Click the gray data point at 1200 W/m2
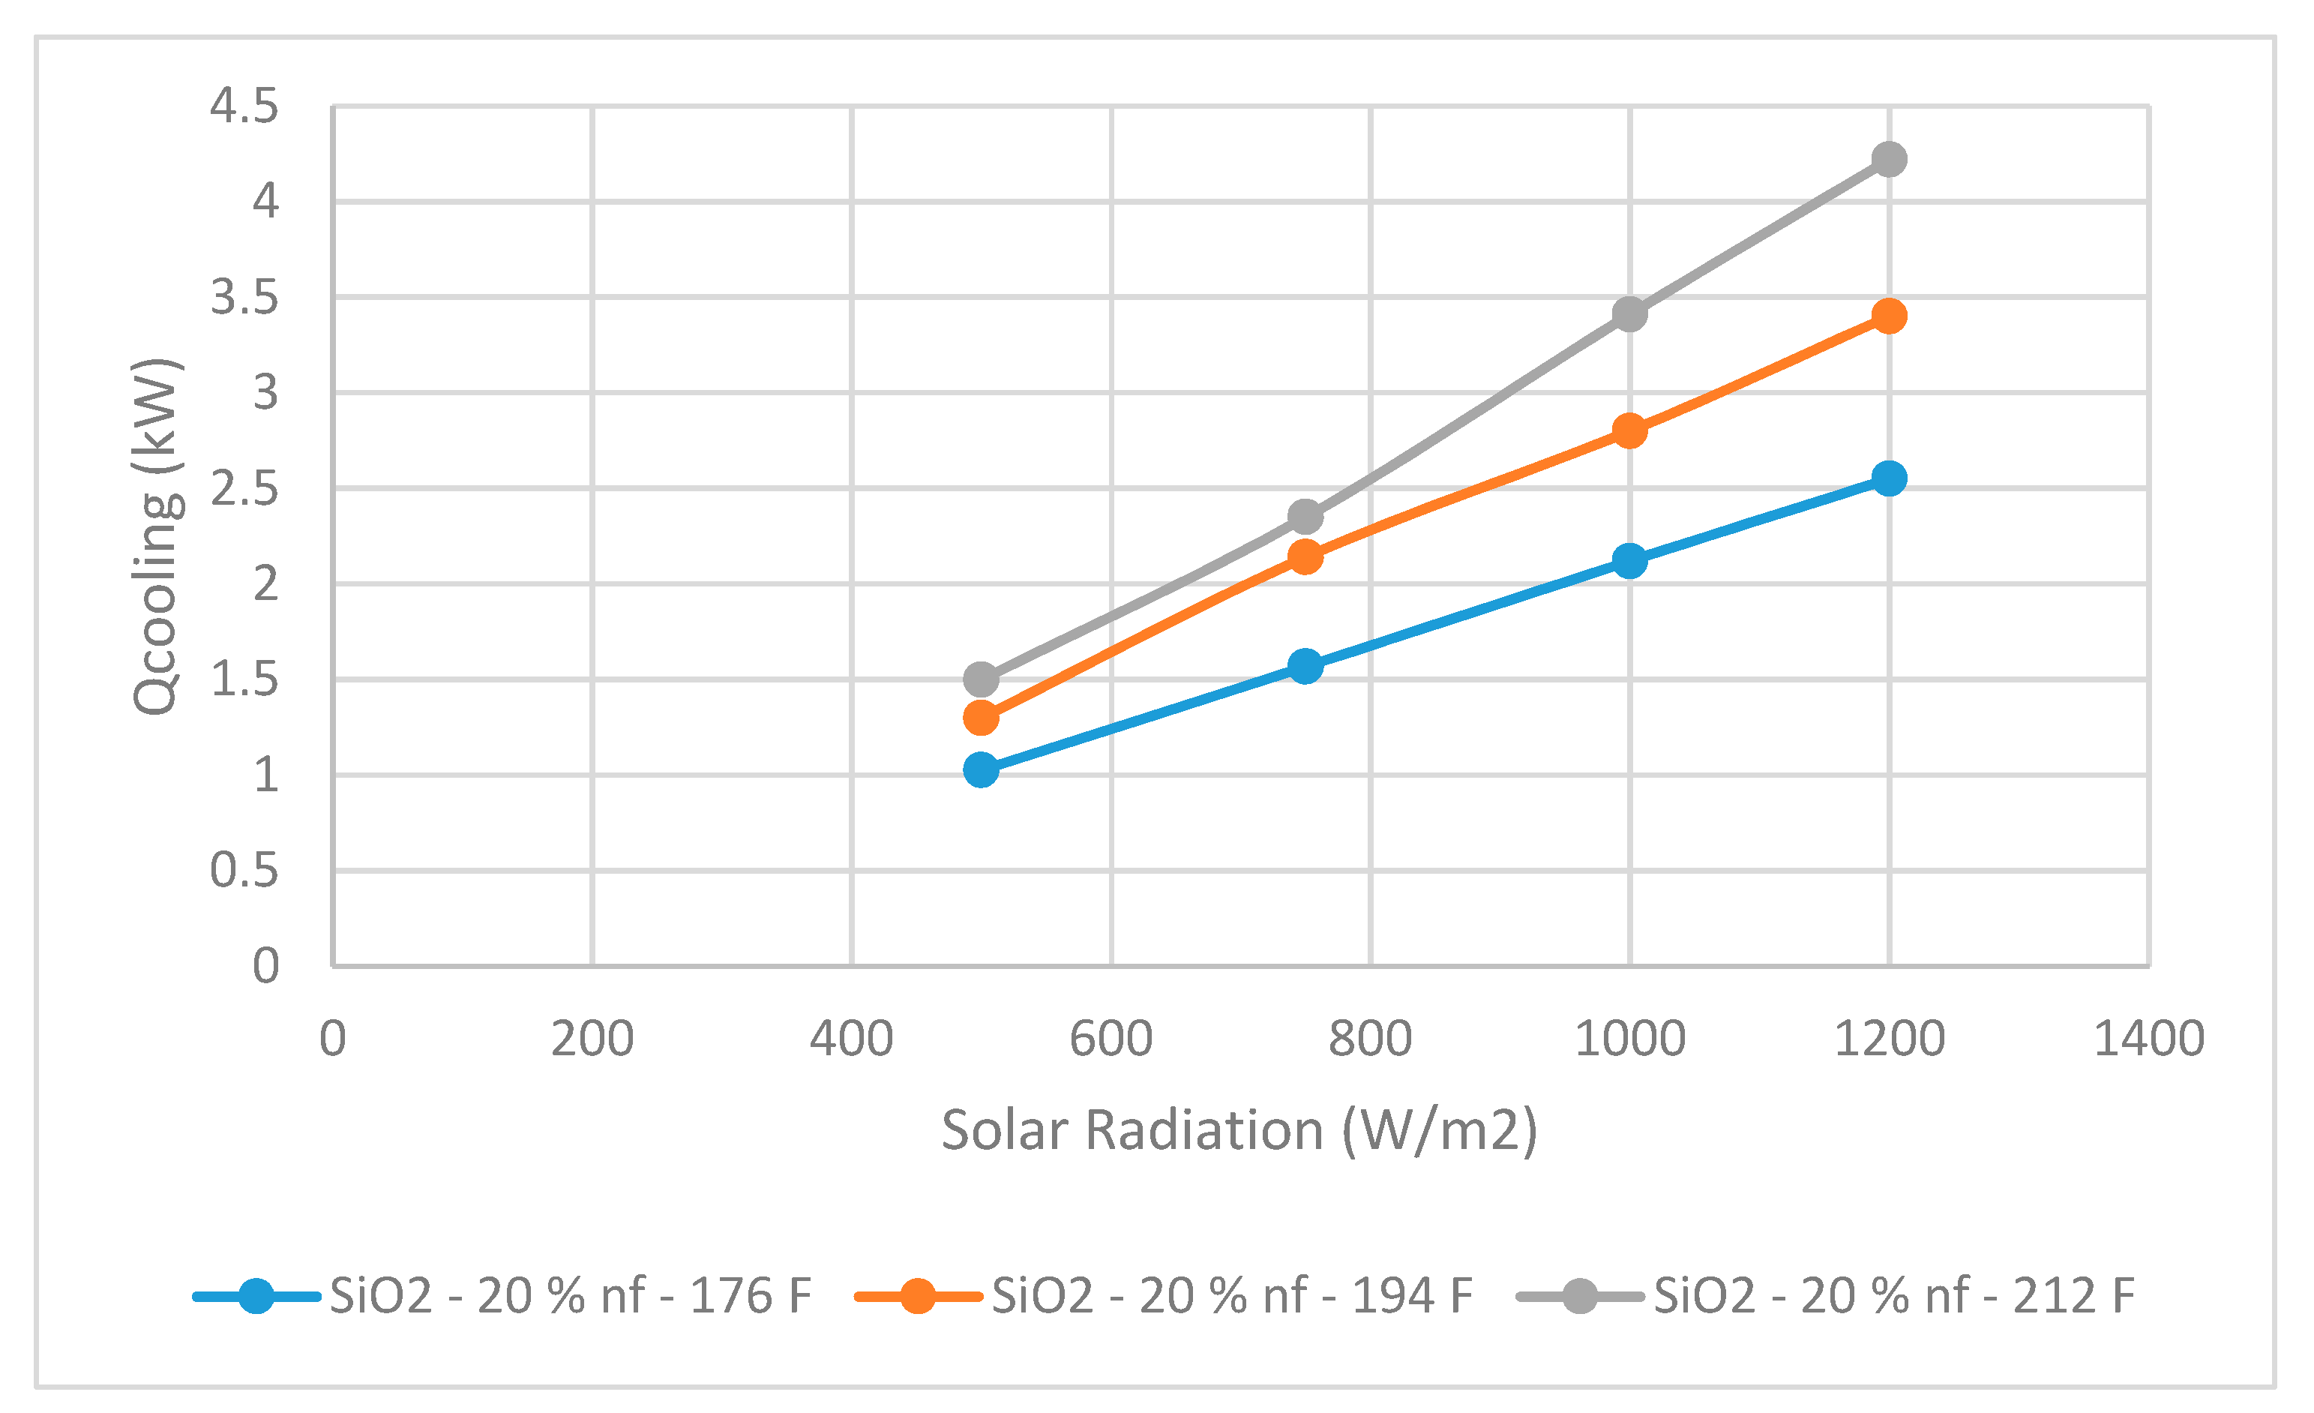point(1889,159)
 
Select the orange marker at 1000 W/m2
point(1629,431)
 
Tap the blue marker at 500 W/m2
point(981,770)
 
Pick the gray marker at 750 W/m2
point(1305,517)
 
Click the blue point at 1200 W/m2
point(1889,478)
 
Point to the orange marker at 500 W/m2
point(981,718)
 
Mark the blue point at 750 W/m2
point(1305,666)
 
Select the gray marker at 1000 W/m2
point(1629,313)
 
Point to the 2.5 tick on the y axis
point(244,488)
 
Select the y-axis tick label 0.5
point(244,871)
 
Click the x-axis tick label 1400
point(2150,1039)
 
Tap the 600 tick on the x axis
point(1111,1039)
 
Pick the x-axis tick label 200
point(592,1039)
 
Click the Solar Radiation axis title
point(1239,1129)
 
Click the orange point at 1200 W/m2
point(1889,316)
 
